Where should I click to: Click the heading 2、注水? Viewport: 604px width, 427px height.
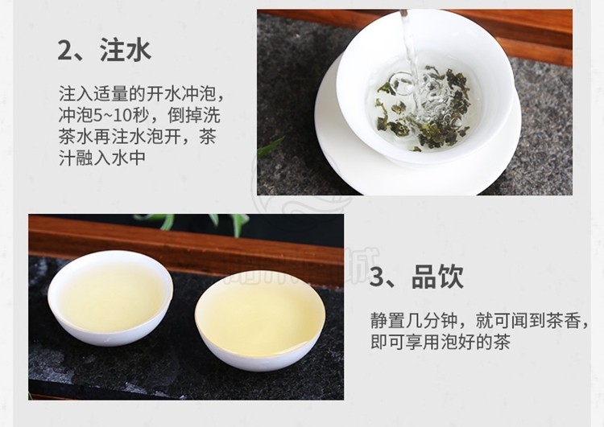point(104,50)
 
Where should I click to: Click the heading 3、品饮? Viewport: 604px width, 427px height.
point(416,276)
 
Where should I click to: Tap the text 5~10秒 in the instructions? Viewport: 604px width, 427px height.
point(110,115)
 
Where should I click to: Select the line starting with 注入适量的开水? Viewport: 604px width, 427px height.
point(142,93)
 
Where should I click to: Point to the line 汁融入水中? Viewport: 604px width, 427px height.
point(102,157)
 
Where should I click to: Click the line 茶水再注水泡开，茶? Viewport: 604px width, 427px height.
point(137,136)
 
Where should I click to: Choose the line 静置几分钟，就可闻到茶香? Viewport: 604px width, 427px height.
point(479,320)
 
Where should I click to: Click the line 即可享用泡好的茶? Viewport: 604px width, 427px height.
point(441,342)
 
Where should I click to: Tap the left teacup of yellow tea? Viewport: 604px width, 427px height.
point(110,298)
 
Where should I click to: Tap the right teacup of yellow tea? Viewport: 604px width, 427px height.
point(260,320)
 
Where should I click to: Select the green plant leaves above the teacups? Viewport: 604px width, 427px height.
point(192,223)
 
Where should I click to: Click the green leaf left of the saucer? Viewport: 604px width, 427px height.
point(271,146)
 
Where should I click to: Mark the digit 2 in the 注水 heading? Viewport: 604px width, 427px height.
point(65,51)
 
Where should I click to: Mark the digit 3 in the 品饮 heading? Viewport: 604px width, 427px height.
point(377,277)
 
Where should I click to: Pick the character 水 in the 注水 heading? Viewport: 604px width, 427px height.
point(138,50)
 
